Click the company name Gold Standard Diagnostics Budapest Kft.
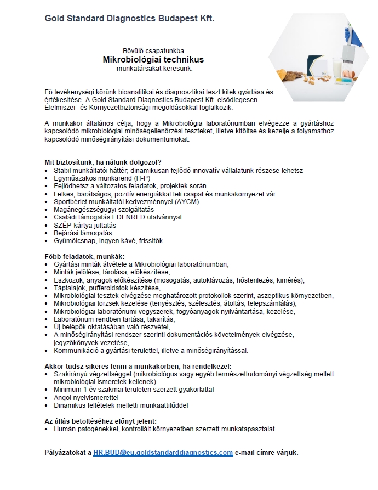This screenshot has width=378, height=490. tap(129, 19)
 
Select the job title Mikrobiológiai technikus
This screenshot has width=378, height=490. tap(154, 59)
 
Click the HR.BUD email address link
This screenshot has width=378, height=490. tap(163, 453)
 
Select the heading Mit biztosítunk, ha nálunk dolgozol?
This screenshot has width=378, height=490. tap(102, 162)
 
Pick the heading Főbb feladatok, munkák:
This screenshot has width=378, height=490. tap(84, 256)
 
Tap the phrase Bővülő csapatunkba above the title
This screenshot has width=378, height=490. tap(154, 49)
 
